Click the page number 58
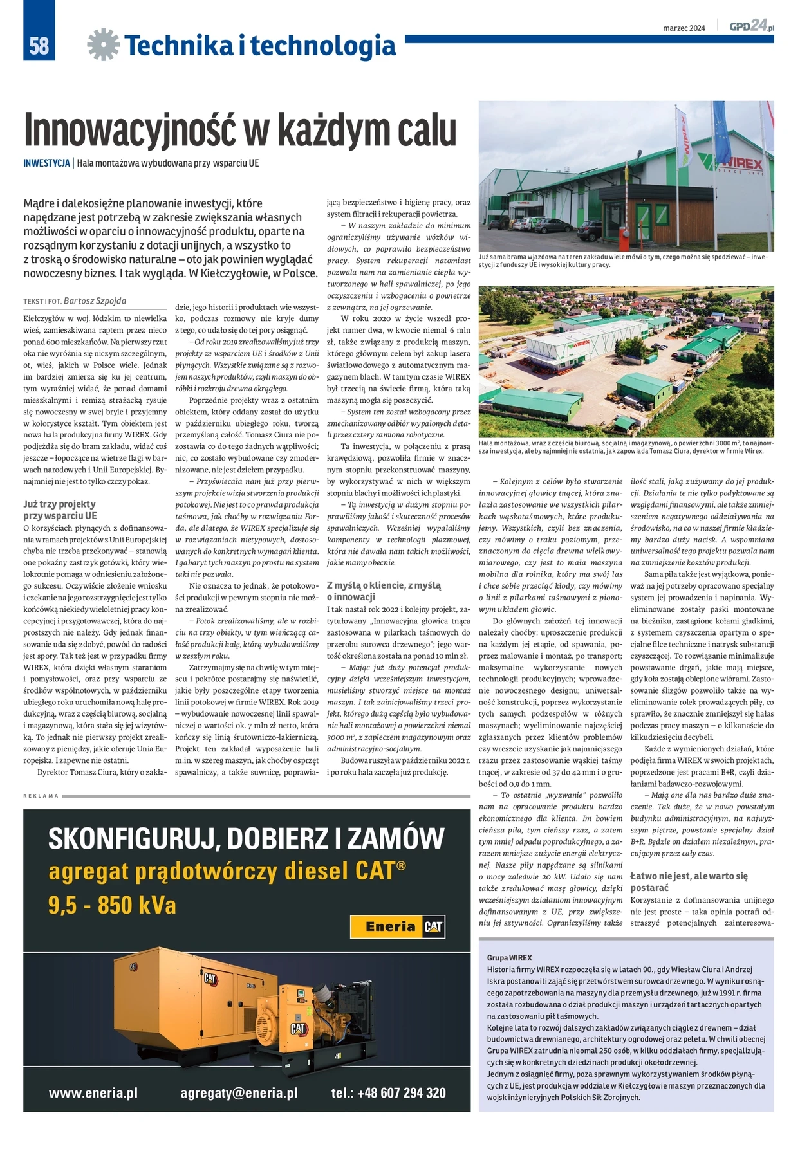click(39, 45)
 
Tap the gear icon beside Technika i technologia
click(103, 45)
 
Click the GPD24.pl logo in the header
click(751, 26)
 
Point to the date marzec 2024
click(684, 28)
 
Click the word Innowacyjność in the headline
click(131, 131)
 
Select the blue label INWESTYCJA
click(46, 163)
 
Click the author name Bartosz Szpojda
click(95, 301)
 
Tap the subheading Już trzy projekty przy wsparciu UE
click(60, 510)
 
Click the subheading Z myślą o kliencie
click(384, 591)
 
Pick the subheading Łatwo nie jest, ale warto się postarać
click(688, 881)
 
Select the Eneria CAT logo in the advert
click(397, 926)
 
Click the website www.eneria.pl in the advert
click(93, 1093)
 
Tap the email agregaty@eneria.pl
click(239, 1093)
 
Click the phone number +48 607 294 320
click(388, 1093)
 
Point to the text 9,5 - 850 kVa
click(112, 905)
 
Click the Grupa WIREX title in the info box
click(509, 957)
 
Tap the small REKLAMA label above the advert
click(41, 796)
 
